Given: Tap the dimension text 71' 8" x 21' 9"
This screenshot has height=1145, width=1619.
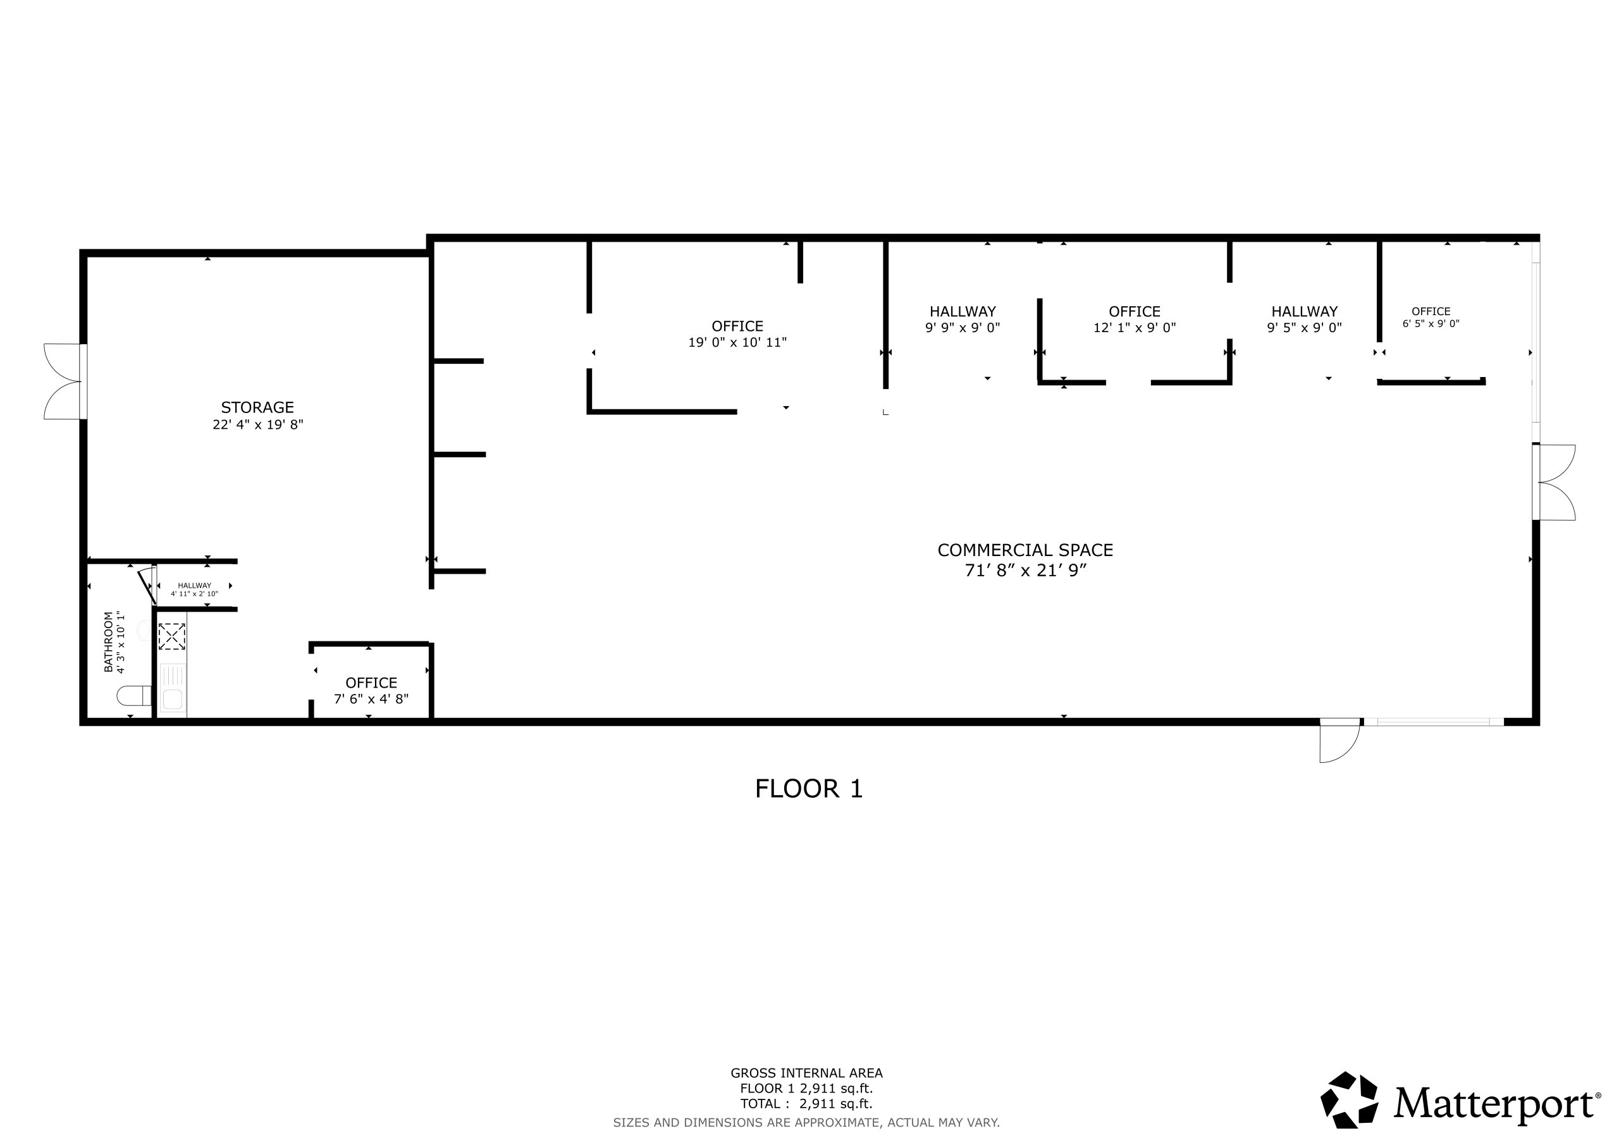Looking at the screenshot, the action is point(1025,570).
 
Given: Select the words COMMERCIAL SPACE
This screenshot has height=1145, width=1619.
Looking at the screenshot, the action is point(1025,550).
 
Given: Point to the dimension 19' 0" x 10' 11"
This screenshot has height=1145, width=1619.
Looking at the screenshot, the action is point(737,342).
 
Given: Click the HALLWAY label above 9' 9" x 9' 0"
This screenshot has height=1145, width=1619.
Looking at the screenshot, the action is point(963,311).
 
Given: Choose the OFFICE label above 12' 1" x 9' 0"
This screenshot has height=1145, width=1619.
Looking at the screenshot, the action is point(1135,311).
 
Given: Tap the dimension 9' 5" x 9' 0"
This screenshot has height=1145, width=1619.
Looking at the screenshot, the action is point(1305,327).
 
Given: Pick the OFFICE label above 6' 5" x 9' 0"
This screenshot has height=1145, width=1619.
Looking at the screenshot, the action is point(1431,311).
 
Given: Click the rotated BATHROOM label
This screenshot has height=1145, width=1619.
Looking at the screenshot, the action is point(109,641).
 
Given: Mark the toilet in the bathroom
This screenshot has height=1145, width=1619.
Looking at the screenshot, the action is point(133,696).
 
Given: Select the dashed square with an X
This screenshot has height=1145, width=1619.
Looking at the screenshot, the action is point(171,636).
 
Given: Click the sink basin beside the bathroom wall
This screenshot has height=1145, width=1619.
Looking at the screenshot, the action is point(172,699).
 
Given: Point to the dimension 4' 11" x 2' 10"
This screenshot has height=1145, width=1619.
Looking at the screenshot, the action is point(194,594).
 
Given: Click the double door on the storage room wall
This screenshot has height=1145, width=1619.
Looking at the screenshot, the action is point(66,381).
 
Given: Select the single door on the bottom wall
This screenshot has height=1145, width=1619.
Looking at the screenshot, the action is point(1339,740).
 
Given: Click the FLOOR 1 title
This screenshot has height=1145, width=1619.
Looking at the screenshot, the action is point(809,789).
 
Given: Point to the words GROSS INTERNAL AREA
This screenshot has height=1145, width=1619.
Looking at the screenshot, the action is point(807,1073).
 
